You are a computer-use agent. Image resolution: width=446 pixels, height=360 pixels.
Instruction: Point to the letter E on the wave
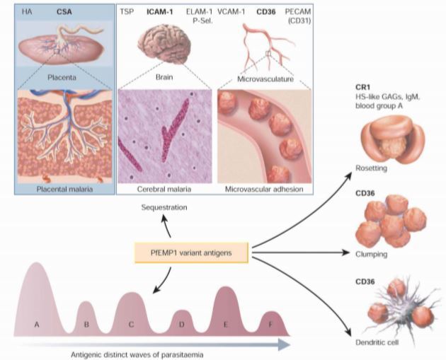(224, 324)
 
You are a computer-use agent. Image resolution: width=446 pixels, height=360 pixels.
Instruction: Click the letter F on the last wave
(270, 325)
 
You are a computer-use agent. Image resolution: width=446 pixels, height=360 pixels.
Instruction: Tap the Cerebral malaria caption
(164, 190)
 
